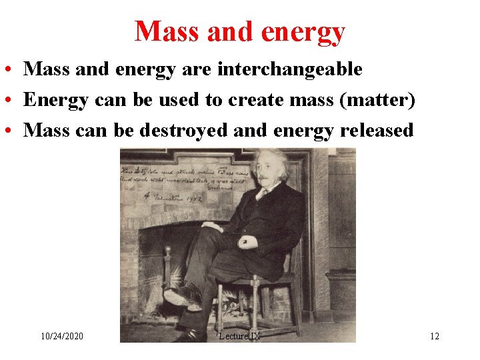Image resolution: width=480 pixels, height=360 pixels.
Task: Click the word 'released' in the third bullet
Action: point(377,130)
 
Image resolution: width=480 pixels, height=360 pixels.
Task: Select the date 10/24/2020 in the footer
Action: point(62,336)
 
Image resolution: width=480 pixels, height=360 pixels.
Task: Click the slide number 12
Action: point(434,336)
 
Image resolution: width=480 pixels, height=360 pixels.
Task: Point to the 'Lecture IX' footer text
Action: point(239,336)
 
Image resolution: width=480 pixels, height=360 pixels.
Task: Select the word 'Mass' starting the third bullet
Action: point(46,130)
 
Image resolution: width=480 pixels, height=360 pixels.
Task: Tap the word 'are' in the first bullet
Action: point(198,69)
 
